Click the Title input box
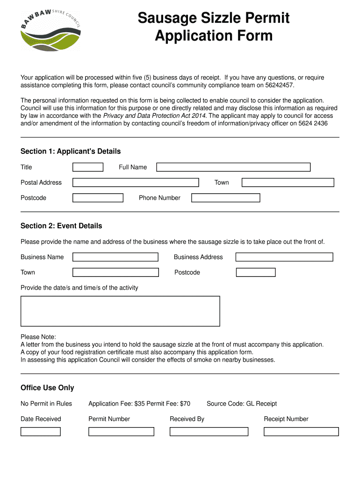click(x=88, y=167)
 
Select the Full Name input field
click(x=233, y=167)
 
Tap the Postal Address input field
click(x=136, y=182)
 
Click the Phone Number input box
click(x=225, y=198)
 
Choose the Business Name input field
click(x=115, y=257)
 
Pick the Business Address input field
click(x=284, y=257)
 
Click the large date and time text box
click(x=120, y=311)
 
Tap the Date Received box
click(x=41, y=431)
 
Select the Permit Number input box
click(x=121, y=431)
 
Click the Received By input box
click(x=209, y=431)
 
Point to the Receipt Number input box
click(x=301, y=431)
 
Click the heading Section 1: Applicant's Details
click(x=71, y=152)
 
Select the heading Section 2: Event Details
click(x=61, y=226)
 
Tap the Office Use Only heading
click(x=47, y=388)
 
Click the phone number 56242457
click(x=279, y=86)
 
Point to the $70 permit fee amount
click(x=185, y=404)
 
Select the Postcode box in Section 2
click(x=256, y=272)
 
